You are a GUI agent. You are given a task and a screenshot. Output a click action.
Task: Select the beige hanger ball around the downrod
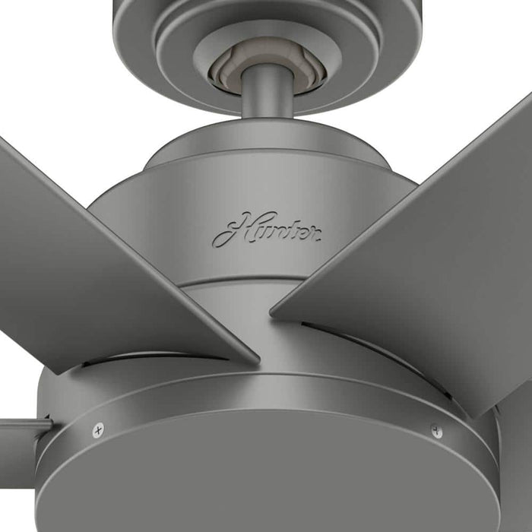[x=228, y=71]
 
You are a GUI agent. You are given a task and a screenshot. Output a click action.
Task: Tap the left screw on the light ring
[x=98, y=430]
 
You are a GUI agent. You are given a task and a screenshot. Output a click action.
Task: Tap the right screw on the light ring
[x=435, y=430]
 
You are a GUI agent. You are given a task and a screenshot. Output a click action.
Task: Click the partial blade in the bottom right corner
[x=517, y=456]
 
